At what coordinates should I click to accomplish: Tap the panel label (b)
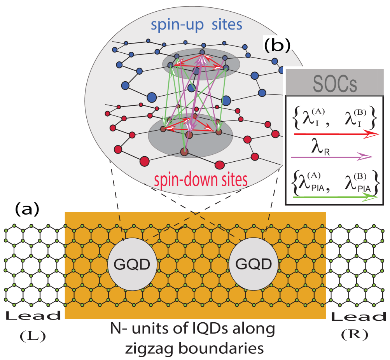coord(277,46)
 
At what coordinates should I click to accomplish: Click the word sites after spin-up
coord(227,25)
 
